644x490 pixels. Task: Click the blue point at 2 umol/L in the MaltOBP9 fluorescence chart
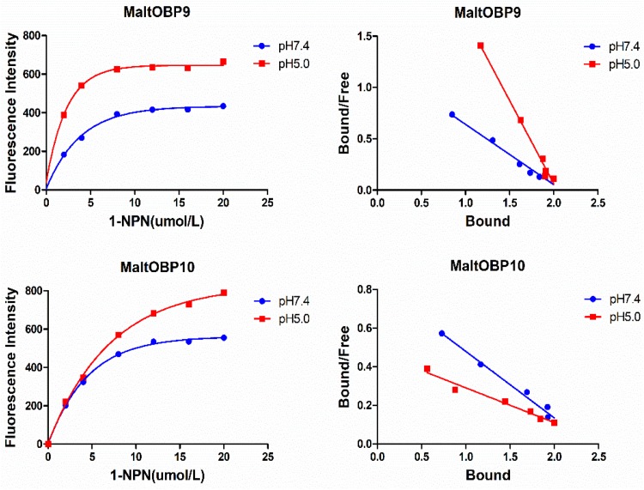coord(64,154)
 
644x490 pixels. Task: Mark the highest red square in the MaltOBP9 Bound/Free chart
coord(480,45)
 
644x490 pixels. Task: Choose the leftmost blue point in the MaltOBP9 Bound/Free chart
coord(452,114)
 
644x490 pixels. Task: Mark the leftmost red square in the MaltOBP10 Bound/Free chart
coord(427,369)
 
